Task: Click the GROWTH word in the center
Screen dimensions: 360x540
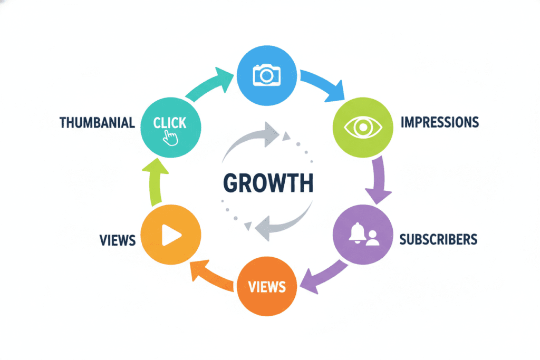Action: point(268,182)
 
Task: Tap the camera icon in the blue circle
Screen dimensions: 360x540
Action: point(267,74)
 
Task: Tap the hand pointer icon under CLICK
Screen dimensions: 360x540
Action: point(170,139)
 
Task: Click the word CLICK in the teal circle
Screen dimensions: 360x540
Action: point(170,123)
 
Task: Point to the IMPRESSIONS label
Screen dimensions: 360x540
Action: point(440,122)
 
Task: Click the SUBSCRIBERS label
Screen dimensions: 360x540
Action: point(438,239)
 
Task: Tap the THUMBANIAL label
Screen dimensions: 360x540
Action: point(97,123)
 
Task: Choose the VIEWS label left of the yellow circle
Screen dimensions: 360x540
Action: point(118,240)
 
